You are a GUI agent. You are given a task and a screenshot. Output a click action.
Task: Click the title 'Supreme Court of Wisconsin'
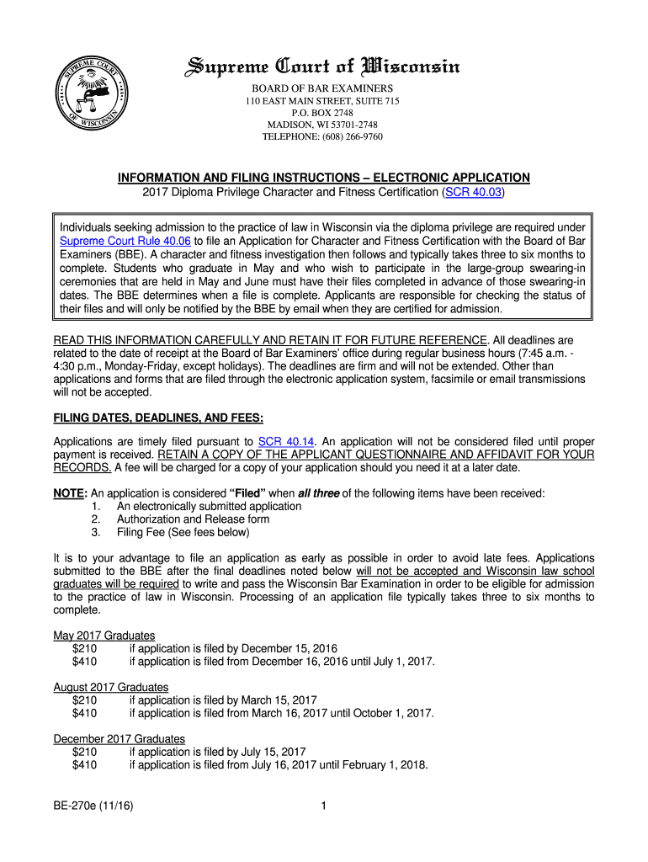[322, 67]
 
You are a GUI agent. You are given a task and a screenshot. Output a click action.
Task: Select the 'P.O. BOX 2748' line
[322, 113]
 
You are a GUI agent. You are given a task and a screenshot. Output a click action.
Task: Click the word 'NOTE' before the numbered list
[70, 493]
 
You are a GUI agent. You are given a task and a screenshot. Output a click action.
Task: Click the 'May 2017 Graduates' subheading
[104, 636]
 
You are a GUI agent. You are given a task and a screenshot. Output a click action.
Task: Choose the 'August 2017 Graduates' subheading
[110, 687]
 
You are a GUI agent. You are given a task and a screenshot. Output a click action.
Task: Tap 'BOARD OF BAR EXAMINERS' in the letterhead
[322, 88]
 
